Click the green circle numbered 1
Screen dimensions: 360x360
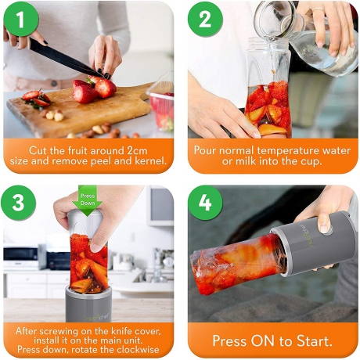coord(21,19)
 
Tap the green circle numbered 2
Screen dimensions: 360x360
coord(205,19)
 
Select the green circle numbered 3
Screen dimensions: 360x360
coord(18,203)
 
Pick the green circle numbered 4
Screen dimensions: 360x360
coord(205,203)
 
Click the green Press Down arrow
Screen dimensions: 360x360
coord(87,200)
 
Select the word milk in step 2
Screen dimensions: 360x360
coord(246,161)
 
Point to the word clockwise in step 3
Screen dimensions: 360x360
coord(138,349)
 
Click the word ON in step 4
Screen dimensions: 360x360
coord(262,340)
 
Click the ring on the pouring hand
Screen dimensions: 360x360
coord(318,9)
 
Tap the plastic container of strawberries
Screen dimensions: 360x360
coord(161,106)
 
